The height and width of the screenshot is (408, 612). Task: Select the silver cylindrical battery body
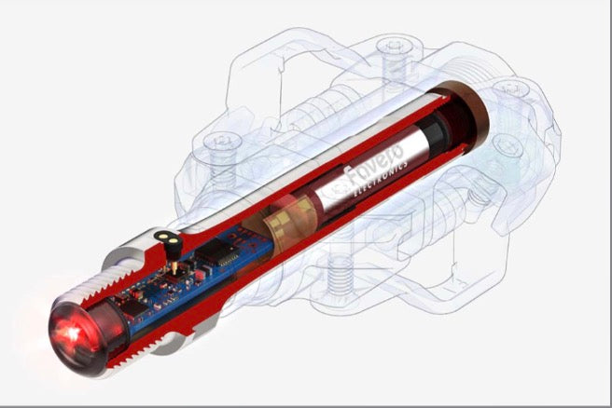point(373,172)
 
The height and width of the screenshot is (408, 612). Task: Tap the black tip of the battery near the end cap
point(438,122)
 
